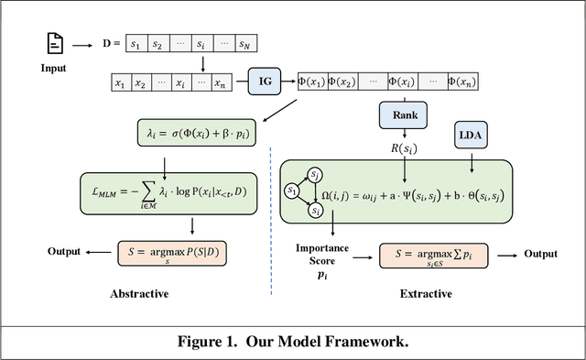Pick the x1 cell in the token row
point(119,83)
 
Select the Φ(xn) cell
point(442,81)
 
